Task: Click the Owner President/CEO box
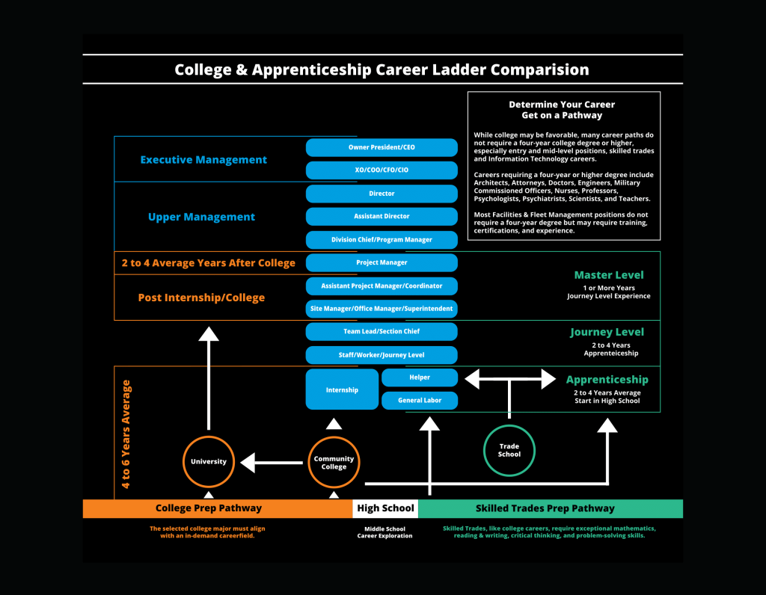click(382, 147)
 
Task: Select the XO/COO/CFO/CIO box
click(382, 170)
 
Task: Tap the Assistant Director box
click(382, 217)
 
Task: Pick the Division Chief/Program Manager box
click(382, 240)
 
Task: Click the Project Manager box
click(382, 263)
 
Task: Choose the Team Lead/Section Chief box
click(382, 331)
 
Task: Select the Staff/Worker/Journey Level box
click(382, 355)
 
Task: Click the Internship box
click(342, 389)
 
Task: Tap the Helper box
click(420, 377)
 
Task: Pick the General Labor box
click(420, 401)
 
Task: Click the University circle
click(209, 462)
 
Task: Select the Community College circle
click(334, 463)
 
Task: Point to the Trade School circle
click(509, 450)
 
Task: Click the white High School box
click(385, 508)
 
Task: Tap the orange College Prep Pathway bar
click(209, 508)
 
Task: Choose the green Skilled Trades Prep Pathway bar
click(545, 508)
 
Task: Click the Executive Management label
click(203, 159)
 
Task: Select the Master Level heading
click(608, 275)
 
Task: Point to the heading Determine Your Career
click(562, 105)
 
